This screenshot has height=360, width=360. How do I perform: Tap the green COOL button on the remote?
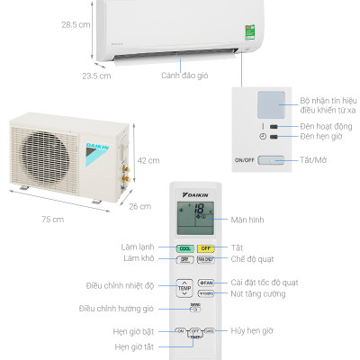pos(184,247)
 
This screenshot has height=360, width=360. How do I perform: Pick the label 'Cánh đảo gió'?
pos(184,76)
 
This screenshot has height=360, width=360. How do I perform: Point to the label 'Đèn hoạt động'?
pos(328,126)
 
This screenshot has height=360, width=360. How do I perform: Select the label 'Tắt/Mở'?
pos(320,161)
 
